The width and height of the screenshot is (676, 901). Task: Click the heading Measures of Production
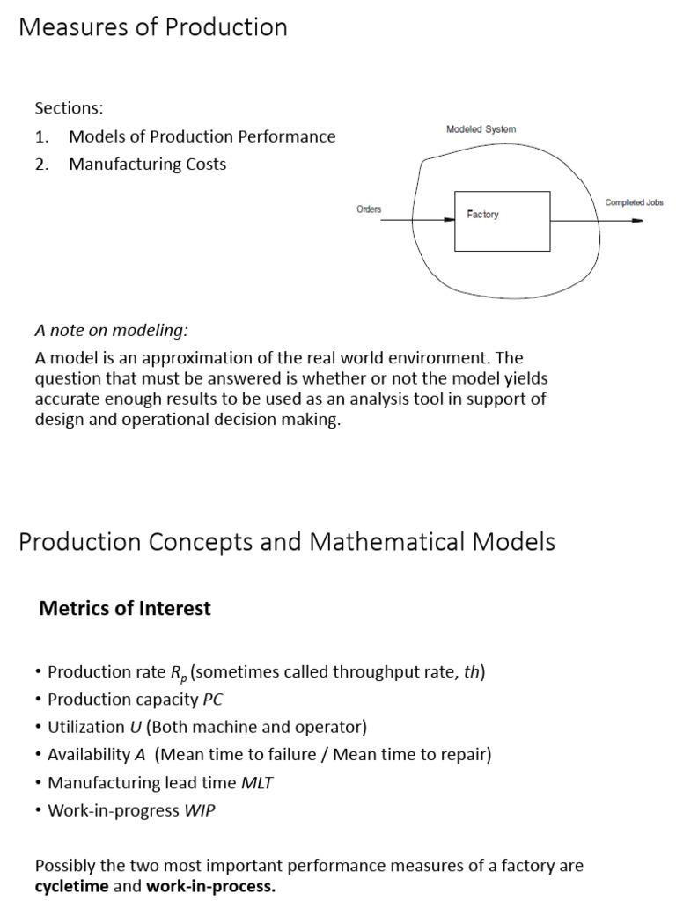tap(153, 27)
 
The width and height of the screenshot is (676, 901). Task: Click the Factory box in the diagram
tap(502, 220)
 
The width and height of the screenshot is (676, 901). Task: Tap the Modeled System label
tap(481, 129)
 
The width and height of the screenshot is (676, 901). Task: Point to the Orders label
tap(369, 209)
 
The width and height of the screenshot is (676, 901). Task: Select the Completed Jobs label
tap(634, 202)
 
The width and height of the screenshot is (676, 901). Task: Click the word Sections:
tap(69, 108)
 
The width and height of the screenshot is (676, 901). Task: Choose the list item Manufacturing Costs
tap(147, 165)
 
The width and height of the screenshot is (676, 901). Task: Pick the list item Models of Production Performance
tap(202, 136)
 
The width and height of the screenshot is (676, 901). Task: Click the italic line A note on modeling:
tap(111, 331)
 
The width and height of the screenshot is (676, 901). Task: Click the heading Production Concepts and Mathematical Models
tap(287, 541)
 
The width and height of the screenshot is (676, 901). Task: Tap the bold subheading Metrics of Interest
tap(125, 608)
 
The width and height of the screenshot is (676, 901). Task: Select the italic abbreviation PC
tap(213, 700)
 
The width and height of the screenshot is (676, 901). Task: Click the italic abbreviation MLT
tap(256, 782)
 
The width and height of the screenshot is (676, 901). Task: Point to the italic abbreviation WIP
tap(199, 810)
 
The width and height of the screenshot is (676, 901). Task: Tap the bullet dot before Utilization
tap(39, 727)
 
